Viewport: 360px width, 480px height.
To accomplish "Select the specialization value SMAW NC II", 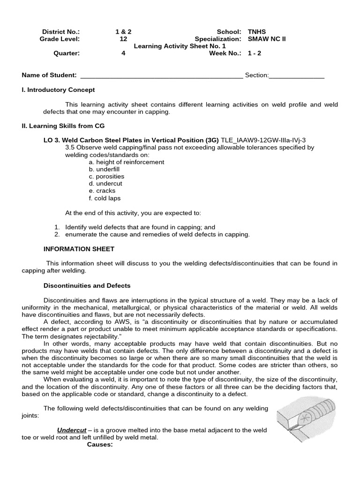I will pyautogui.click(x=266, y=39).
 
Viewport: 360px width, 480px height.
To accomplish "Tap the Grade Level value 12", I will pyautogui.click(x=123, y=39).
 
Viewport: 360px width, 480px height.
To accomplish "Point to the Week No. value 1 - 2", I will pyautogui.click(x=254, y=53).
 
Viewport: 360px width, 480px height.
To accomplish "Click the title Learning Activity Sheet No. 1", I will pyautogui.click(x=180, y=46).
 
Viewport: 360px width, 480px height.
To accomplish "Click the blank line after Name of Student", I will pyautogui.click(x=162, y=75).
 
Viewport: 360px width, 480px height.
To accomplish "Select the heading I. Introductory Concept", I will pyautogui.click(x=59, y=90).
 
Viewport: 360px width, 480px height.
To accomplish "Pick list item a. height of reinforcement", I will pyautogui.click(x=127, y=162).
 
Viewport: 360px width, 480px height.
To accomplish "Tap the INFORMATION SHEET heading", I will pyautogui.click(x=79, y=249).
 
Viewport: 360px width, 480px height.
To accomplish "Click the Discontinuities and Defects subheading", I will pyautogui.click(x=87, y=285).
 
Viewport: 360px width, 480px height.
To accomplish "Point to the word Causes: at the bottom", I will pyautogui.click(x=100, y=444).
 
